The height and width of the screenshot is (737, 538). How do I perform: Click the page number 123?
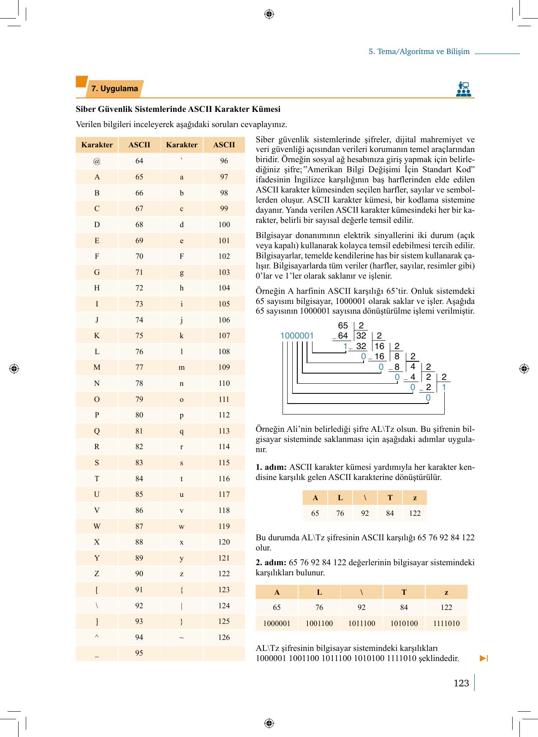461,683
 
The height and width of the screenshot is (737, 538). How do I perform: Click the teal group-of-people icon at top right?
464,89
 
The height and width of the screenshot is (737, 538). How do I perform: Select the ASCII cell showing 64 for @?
139,161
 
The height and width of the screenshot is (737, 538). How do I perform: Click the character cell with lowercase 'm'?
182,367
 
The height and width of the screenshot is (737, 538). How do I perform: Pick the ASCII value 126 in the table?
224,637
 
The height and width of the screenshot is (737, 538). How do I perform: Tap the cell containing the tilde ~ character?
182,637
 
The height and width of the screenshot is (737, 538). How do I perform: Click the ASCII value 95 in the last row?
139,653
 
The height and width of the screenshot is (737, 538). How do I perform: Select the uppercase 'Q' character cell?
97,431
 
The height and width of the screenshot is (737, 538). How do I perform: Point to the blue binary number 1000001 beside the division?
297,336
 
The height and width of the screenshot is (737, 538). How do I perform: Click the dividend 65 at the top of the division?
343,325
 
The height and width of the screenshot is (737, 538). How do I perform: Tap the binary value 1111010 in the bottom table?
446,623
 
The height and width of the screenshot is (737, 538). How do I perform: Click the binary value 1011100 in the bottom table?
361,623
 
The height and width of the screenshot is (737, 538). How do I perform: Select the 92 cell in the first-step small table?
365,513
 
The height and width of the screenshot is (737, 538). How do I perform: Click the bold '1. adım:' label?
272,467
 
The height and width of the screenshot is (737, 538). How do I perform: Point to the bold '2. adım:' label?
272,562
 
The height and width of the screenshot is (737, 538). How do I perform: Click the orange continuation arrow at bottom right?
484,658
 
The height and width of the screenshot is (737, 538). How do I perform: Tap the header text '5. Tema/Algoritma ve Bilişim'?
419,51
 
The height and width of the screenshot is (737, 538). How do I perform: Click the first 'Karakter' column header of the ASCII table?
97,145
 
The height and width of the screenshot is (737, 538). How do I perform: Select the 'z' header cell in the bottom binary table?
446,592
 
